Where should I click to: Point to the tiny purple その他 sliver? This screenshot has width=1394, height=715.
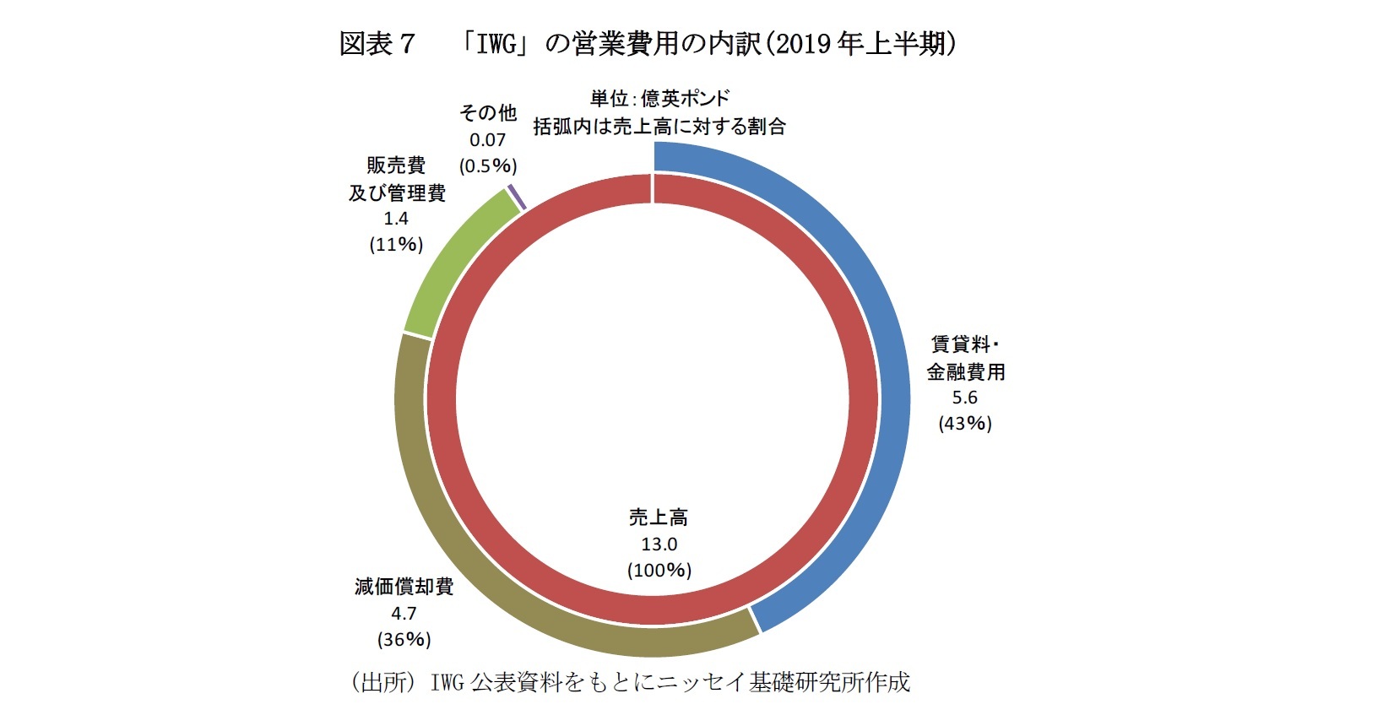pos(518,197)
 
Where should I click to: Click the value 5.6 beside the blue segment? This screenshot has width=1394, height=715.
pos(964,398)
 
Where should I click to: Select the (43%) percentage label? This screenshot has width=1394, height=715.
pos(965,424)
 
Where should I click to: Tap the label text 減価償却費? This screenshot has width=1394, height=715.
pos(404,587)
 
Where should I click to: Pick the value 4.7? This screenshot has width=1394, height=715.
pos(404,613)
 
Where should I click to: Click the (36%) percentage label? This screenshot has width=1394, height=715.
pos(404,639)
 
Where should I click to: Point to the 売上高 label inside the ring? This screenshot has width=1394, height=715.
pos(659,517)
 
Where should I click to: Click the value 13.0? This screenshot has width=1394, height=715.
pos(659,544)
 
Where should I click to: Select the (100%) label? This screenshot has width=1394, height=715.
pos(659,571)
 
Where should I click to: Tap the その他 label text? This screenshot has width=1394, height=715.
pos(487,113)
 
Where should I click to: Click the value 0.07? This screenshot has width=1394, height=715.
pos(487,140)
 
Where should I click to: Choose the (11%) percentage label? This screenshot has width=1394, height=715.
pos(396,245)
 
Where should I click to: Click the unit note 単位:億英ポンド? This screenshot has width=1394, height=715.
pos(659,99)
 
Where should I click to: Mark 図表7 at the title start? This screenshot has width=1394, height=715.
pos(377,44)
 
